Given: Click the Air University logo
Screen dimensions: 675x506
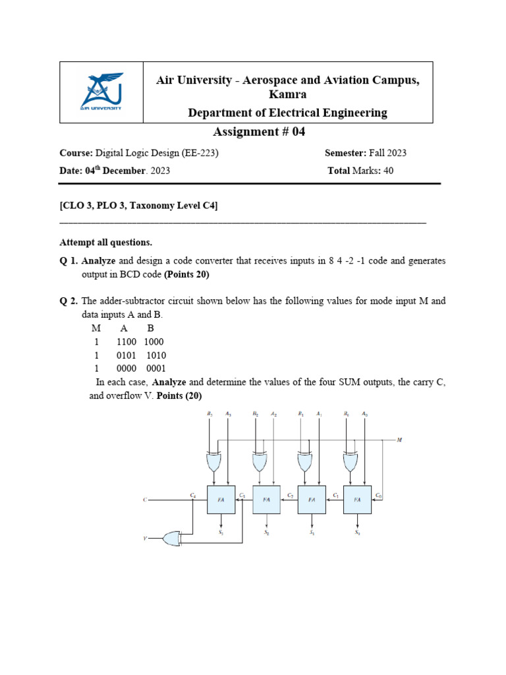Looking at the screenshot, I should point(102,92).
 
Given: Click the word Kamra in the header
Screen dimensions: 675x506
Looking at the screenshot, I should point(287,95).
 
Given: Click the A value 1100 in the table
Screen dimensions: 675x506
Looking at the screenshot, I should point(126,342).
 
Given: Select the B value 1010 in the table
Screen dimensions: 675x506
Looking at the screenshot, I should point(157,355).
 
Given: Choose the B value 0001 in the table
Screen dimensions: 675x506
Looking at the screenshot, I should point(156,368).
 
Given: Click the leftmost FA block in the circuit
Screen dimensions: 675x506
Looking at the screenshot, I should point(221,500).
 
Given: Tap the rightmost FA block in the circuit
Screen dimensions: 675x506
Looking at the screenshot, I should point(357,500).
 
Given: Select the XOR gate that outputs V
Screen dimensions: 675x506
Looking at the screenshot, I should point(173,539).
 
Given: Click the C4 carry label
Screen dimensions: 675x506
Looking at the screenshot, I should point(193,494).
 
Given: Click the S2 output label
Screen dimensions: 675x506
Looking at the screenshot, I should point(267,532).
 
